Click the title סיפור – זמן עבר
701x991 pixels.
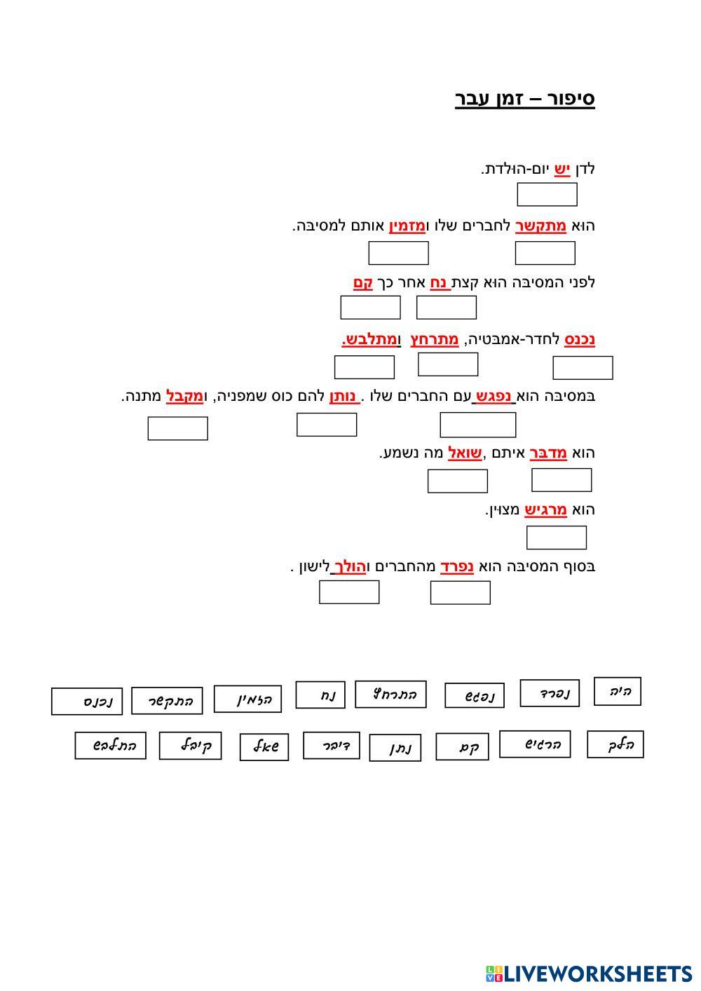(525, 99)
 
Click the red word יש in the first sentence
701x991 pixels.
(562, 169)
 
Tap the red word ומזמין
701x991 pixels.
(407, 226)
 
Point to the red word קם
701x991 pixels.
(362, 282)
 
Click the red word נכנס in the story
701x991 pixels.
(580, 339)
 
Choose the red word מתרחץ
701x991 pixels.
(435, 339)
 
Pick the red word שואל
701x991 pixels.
(465, 453)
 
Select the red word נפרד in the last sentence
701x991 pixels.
(457, 566)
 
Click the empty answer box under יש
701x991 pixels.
(547, 194)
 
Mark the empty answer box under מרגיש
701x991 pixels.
(556, 538)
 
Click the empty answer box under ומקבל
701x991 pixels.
(177, 428)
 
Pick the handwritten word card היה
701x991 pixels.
(617, 691)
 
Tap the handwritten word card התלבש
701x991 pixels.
(110, 746)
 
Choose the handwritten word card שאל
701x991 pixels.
(264, 747)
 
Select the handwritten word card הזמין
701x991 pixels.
(247, 699)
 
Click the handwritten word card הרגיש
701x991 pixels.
(534, 744)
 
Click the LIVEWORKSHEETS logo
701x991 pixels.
(589, 973)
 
